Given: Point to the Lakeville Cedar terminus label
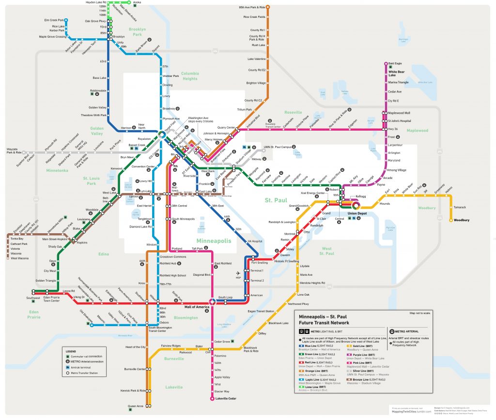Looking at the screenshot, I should tap(225, 399).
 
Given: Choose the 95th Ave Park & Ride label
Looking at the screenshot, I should tap(252, 8).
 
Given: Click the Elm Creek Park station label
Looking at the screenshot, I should tap(54, 20).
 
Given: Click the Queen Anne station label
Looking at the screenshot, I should tap(135, 405).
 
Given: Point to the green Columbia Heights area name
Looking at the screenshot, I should tap(189, 76).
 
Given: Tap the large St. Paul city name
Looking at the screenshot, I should tap(276, 200).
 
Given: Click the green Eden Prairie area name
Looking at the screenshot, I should tap(34, 315).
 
